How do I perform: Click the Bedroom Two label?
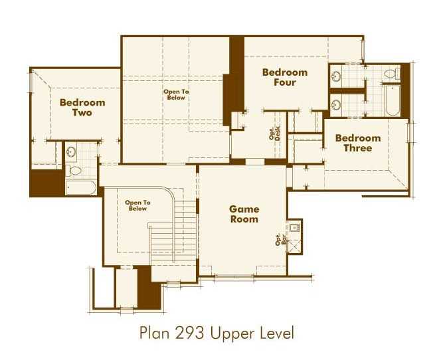coord(82,108)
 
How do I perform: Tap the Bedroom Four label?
coord(284,77)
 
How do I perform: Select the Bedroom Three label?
coord(357,143)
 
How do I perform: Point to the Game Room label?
coord(244,213)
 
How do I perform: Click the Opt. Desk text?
coord(274,134)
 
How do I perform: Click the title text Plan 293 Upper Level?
coord(216,331)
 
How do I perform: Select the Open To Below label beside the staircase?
coord(137,205)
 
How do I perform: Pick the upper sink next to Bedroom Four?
coord(337,76)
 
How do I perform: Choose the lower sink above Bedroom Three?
coord(337,104)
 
